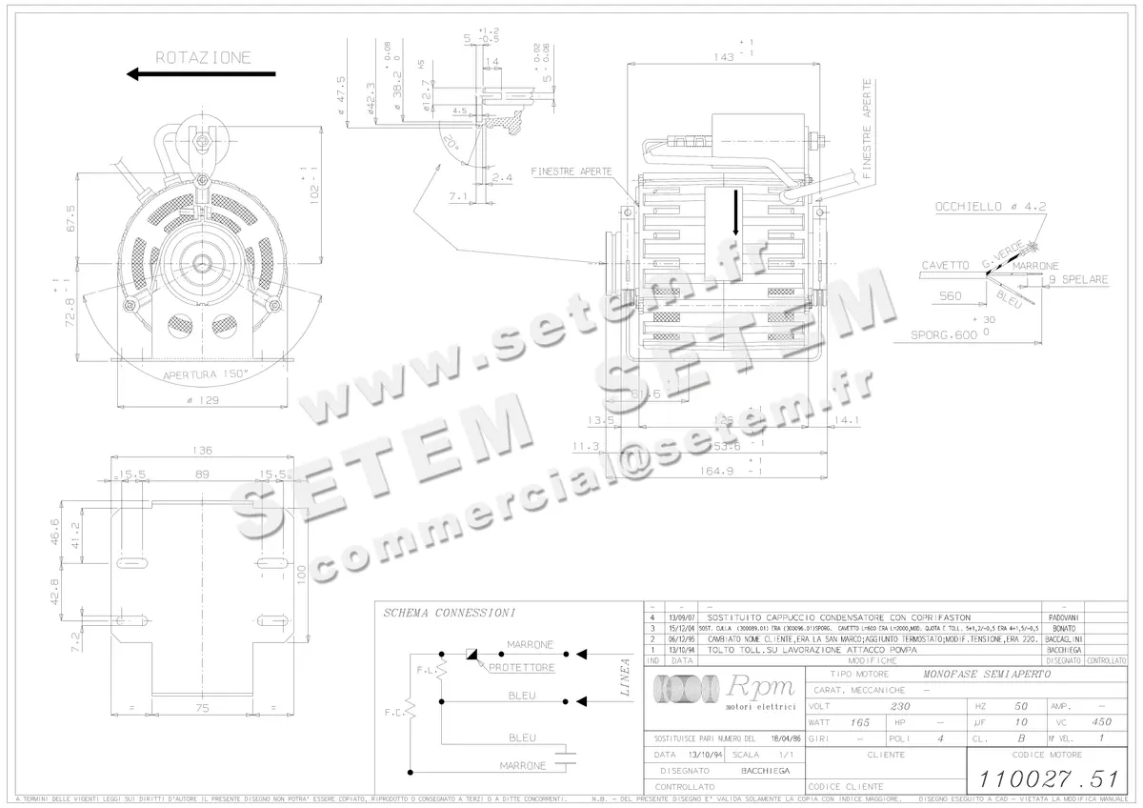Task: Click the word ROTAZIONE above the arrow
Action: (204, 57)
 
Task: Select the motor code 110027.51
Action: (1043, 778)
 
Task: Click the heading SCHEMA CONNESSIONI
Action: (450, 613)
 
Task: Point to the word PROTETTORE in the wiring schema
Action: (521, 668)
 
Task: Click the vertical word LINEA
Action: (627, 677)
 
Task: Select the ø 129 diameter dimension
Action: (201, 400)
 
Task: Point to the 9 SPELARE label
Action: (1077, 280)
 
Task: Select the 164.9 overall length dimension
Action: (718, 470)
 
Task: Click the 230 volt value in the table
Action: (899, 707)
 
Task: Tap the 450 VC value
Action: (1102, 722)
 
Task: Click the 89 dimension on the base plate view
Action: (202, 473)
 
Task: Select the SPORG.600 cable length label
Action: (944, 334)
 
